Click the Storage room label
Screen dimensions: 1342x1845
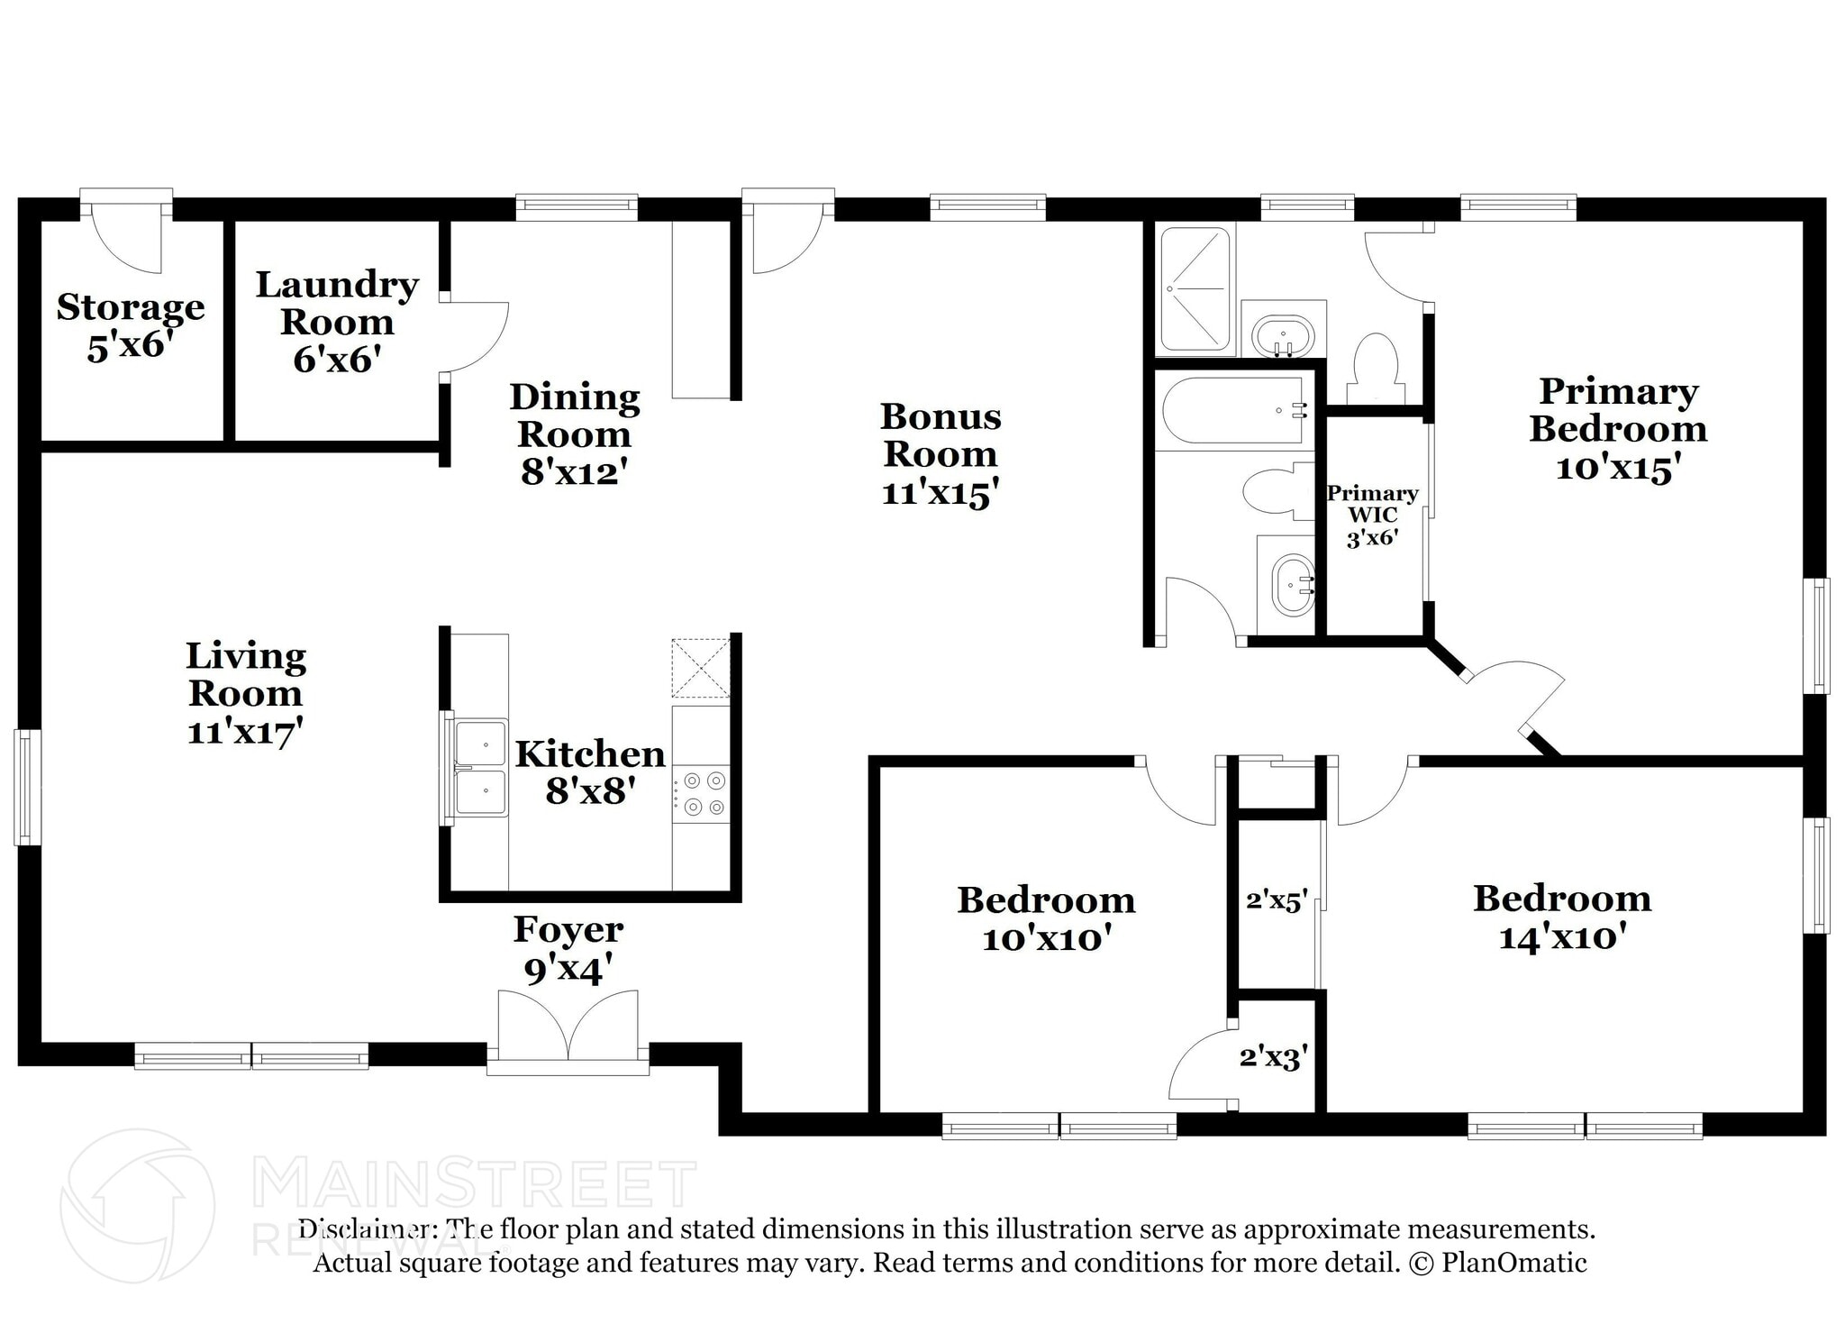[131, 325]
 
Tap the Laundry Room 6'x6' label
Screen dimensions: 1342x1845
[336, 322]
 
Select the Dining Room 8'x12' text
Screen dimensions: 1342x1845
[574, 434]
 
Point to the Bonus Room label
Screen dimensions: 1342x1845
[940, 453]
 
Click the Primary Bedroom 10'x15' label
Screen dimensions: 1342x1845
[1618, 429]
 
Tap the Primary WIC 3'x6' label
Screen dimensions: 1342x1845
[1372, 516]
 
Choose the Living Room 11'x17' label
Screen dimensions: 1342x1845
[245, 693]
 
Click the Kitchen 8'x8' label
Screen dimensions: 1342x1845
[590, 771]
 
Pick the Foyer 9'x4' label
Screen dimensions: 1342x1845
[568, 949]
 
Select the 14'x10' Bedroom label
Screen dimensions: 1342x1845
[1562, 917]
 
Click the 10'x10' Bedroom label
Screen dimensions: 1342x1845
[1045, 918]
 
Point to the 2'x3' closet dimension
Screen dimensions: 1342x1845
[1273, 1055]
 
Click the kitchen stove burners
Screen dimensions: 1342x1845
[704, 793]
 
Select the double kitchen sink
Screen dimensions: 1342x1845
[479, 767]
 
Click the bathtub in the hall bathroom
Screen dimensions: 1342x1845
[1232, 411]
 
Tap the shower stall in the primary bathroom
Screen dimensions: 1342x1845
[1195, 289]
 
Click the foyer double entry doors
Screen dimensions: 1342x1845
[568, 1027]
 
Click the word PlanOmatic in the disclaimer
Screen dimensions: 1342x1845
[1513, 1263]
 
